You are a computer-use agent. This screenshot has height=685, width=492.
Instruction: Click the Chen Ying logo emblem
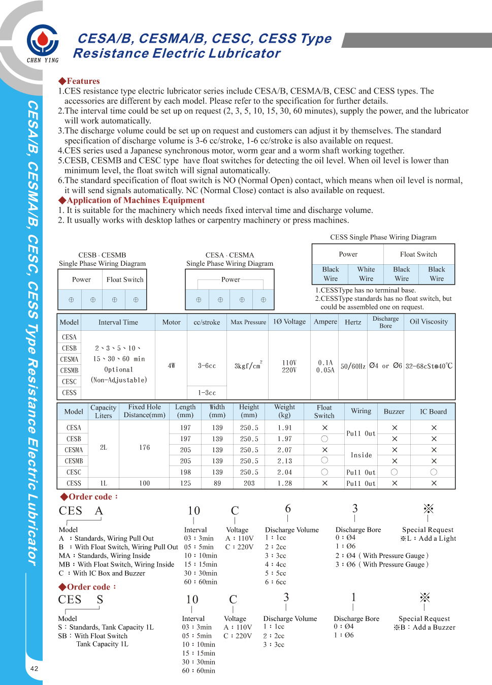tap(43, 40)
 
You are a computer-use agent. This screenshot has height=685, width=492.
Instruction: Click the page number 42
tap(34, 668)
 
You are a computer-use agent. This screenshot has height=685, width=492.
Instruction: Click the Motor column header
tap(171, 322)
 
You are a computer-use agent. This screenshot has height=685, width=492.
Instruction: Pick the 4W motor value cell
tap(171, 366)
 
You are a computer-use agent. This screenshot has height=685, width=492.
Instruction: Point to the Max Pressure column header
tap(248, 322)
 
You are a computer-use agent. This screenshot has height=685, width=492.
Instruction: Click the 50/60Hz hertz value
tap(353, 366)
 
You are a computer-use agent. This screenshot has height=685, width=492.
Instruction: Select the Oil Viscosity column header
tap(429, 322)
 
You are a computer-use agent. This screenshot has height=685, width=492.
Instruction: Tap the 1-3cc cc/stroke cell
tap(207, 393)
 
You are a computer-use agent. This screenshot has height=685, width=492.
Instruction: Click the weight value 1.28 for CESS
tap(284, 483)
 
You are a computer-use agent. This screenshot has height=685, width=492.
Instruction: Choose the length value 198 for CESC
tap(185, 472)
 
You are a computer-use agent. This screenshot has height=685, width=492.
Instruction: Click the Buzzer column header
tap(394, 412)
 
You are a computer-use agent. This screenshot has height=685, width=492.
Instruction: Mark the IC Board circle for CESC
tap(434, 472)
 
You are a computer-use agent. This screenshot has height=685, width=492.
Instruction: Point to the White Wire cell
tap(366, 274)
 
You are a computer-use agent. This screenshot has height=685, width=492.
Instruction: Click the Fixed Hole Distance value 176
tap(145, 448)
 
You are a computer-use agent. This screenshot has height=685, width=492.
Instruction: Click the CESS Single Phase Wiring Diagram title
tap(383, 237)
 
